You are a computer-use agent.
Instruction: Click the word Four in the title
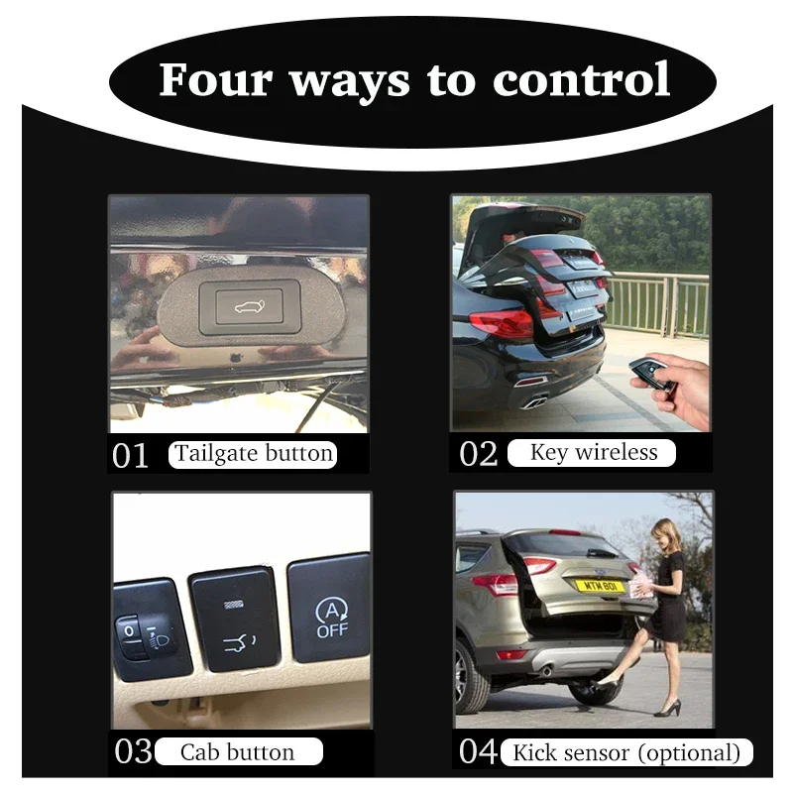(x=216, y=79)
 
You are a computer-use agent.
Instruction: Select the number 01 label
(x=130, y=455)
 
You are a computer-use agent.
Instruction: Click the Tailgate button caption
(x=253, y=454)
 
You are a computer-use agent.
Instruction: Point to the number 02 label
(x=479, y=454)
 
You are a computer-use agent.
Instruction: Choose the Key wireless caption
(x=593, y=452)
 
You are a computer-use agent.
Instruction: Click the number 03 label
(x=133, y=751)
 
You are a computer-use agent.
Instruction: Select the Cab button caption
(x=238, y=752)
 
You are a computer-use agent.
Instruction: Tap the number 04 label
(x=479, y=751)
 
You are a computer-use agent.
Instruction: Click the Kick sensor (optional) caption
(x=626, y=752)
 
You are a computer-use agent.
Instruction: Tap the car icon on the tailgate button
(x=250, y=306)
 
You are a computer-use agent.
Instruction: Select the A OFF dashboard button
(x=330, y=609)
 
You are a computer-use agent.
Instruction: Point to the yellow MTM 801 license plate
(x=600, y=586)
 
